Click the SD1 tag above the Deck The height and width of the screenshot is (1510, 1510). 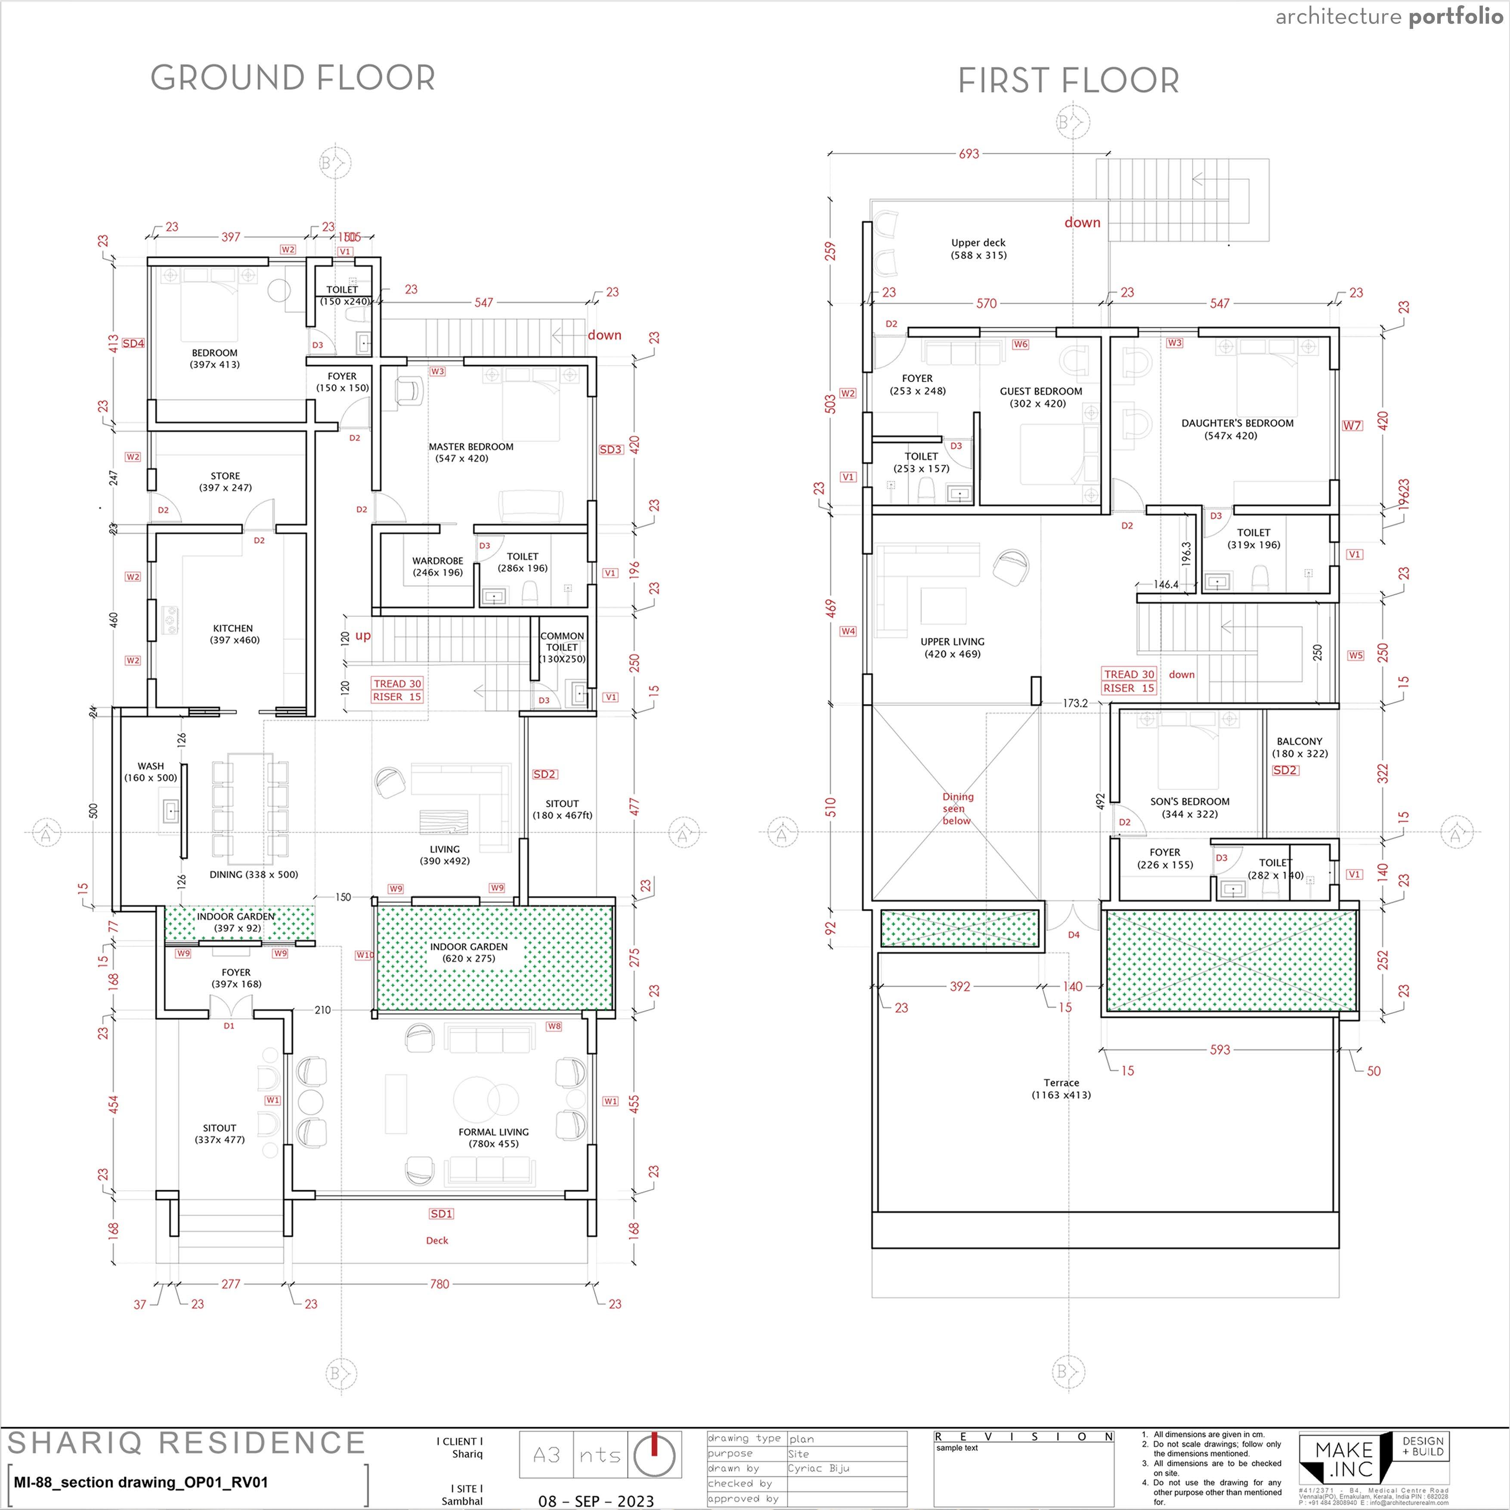(x=441, y=1214)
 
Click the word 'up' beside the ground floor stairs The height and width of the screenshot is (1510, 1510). (x=363, y=635)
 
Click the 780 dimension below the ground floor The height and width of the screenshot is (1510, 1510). (x=439, y=1283)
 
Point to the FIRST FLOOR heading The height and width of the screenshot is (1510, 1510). (x=1068, y=80)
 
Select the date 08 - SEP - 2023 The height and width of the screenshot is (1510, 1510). (x=596, y=1501)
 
